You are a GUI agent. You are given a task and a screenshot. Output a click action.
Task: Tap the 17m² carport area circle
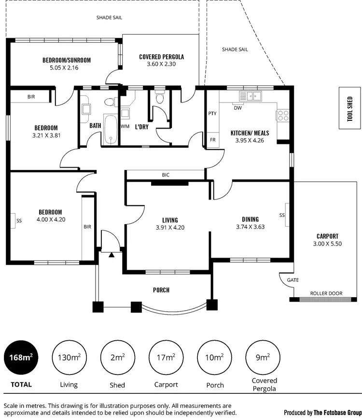166,358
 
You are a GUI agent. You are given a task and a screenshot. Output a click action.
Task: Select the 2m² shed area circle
117,358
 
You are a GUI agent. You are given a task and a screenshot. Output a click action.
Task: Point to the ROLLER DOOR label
326,293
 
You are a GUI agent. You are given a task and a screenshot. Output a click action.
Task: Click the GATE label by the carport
293,280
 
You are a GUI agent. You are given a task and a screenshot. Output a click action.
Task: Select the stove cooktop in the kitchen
282,115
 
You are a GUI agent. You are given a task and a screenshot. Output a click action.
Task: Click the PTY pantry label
212,114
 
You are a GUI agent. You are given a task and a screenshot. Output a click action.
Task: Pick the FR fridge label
212,140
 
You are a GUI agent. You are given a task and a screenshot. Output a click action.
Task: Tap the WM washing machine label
125,127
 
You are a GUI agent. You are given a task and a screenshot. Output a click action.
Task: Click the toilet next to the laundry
160,99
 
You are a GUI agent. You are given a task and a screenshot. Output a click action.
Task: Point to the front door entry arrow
111,255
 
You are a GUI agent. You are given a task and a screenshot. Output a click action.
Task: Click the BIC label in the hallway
166,175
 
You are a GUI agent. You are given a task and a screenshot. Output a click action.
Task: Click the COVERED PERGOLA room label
161,57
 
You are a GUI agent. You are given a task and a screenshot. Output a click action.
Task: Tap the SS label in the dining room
282,215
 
